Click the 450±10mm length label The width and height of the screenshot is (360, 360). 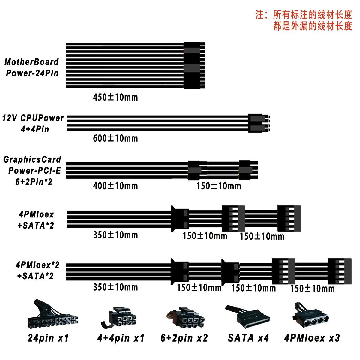coord(115,97)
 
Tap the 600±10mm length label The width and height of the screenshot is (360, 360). coord(115,138)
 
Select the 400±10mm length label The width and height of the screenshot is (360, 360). coord(115,186)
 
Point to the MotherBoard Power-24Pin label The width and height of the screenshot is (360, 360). coord(32,67)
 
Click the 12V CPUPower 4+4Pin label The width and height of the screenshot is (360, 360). coord(33,124)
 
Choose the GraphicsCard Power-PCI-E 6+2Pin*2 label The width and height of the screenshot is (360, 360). coord(32,171)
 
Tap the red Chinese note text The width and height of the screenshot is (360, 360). coord(304,20)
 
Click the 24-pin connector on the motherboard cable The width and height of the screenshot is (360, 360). coord(194,65)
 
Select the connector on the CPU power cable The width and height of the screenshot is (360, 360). coord(259,123)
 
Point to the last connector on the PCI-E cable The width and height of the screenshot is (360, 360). coord(248,170)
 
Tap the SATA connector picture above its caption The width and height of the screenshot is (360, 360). coord(247,317)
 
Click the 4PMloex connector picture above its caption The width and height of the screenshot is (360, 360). coord(310,316)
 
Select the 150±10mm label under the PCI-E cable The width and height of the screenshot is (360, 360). coord(219,186)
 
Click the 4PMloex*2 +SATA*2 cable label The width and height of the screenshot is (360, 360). coord(37,271)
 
